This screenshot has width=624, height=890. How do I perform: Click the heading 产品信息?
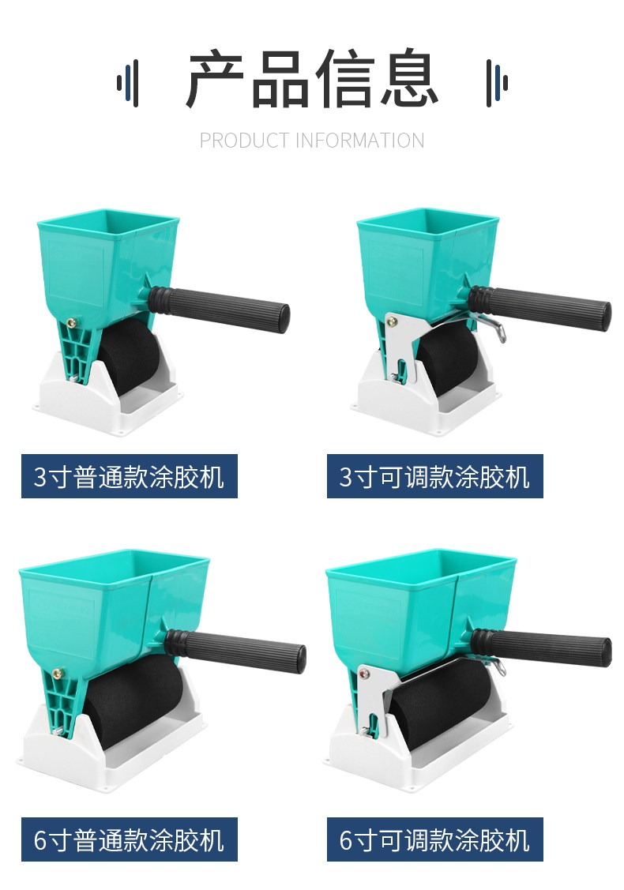pos(312,79)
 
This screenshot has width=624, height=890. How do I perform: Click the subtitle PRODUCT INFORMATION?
pos(312,141)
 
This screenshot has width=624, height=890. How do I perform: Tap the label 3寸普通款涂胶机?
pos(130,476)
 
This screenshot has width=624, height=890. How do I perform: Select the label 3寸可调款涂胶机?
pos(435,476)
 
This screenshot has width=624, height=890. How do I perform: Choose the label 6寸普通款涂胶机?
pos(130,839)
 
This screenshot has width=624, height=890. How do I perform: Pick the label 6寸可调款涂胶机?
pos(435,839)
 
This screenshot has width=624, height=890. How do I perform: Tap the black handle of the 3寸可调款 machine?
pos(539,307)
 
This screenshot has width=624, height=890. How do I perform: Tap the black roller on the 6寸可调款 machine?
pos(440,703)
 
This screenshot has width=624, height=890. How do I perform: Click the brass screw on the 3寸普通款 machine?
pos(72,323)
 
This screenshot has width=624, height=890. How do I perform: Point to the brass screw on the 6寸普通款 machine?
pos(58,674)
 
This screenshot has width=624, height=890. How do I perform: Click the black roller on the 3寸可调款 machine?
pos(449,358)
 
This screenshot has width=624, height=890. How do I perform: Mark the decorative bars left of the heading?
pos(128,82)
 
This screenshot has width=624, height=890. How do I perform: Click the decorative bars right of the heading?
pos(497,82)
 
